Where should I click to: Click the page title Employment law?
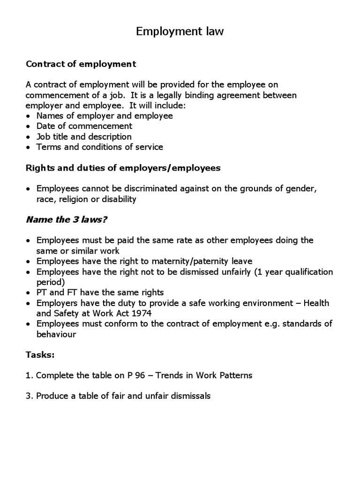[180, 31]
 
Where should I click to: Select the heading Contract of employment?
[81, 63]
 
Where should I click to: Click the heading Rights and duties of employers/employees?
[122, 167]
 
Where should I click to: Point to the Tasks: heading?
[40, 355]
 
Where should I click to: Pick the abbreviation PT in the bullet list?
[42, 292]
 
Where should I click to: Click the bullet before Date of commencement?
[29, 127]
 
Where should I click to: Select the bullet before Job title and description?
[29, 137]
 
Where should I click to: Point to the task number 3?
[28, 396]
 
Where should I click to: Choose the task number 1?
[28, 375]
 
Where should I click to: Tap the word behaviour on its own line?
[56, 335]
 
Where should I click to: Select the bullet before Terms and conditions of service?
[29, 147]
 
